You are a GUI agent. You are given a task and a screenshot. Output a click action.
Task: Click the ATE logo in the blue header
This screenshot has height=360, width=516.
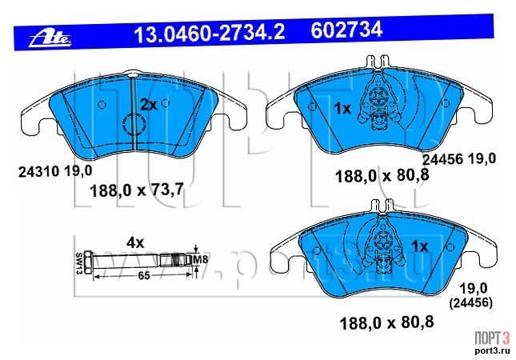(50, 39)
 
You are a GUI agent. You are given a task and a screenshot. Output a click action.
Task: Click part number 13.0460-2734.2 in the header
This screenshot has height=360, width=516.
(210, 33)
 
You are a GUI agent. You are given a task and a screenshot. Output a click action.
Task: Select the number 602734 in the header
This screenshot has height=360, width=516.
(346, 30)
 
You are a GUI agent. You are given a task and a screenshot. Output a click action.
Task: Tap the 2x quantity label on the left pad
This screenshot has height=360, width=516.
(149, 105)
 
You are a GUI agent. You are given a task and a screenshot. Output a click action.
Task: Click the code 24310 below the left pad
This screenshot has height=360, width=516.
(38, 172)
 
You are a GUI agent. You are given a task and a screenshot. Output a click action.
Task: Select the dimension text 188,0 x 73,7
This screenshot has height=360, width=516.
(137, 190)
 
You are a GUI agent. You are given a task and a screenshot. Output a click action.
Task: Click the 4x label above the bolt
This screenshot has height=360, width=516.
(135, 243)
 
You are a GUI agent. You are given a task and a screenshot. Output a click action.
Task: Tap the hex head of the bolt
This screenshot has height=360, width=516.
(88, 262)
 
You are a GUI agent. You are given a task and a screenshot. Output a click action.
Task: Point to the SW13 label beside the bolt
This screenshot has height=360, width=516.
(79, 263)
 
